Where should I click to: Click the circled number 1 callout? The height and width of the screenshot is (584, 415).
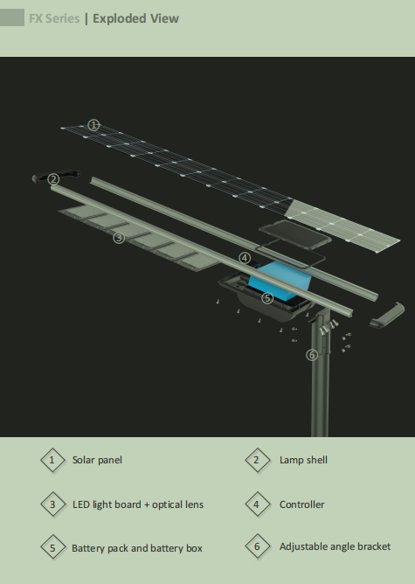click(x=93, y=125)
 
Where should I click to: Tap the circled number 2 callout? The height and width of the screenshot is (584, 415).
click(x=53, y=179)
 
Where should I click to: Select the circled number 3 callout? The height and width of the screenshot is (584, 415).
click(x=119, y=238)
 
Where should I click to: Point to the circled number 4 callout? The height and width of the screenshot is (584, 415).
click(x=245, y=258)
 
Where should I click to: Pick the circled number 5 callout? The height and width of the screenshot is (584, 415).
click(x=267, y=298)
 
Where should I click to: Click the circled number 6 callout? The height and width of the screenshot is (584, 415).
click(x=312, y=355)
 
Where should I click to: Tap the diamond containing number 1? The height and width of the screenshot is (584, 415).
click(x=52, y=460)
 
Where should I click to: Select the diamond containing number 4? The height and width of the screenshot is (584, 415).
click(x=257, y=504)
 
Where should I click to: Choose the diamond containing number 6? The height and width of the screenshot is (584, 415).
click(x=257, y=546)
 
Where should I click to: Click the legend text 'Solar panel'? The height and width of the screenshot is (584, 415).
click(x=97, y=460)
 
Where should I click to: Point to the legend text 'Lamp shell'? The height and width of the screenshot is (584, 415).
click(x=303, y=460)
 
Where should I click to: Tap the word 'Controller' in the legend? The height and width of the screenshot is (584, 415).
click(x=301, y=504)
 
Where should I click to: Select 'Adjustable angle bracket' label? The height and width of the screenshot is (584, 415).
click(x=335, y=546)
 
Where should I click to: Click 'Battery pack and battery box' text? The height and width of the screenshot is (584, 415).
click(x=137, y=548)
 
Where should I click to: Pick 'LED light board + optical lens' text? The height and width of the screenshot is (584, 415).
click(x=138, y=504)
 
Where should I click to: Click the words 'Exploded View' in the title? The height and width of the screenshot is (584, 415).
click(x=135, y=18)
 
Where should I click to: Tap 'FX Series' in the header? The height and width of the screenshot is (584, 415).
click(x=54, y=18)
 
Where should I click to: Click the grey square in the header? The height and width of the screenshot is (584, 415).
click(x=12, y=17)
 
